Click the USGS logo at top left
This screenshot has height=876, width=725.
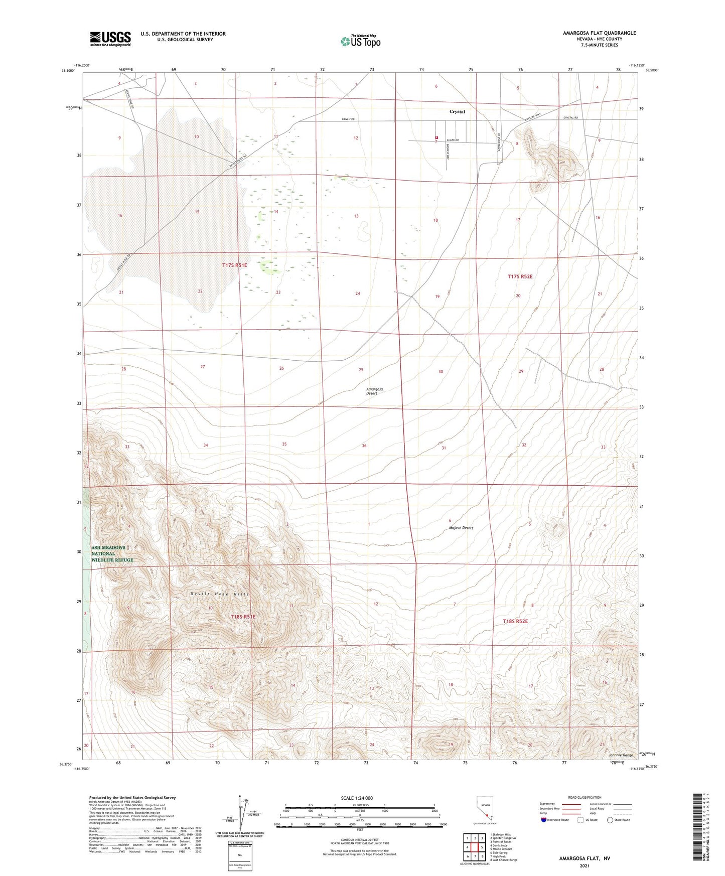[x=110, y=39]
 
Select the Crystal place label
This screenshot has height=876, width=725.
[x=457, y=112]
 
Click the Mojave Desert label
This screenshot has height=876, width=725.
[x=461, y=528]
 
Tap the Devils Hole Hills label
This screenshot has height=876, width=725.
[x=220, y=594]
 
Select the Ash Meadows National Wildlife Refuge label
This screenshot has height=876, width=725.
[x=112, y=554]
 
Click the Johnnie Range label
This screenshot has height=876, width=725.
[x=620, y=755]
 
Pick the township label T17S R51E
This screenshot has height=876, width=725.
[x=235, y=265]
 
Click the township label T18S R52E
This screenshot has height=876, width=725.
[x=515, y=621]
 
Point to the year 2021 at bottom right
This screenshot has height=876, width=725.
[x=584, y=865]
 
